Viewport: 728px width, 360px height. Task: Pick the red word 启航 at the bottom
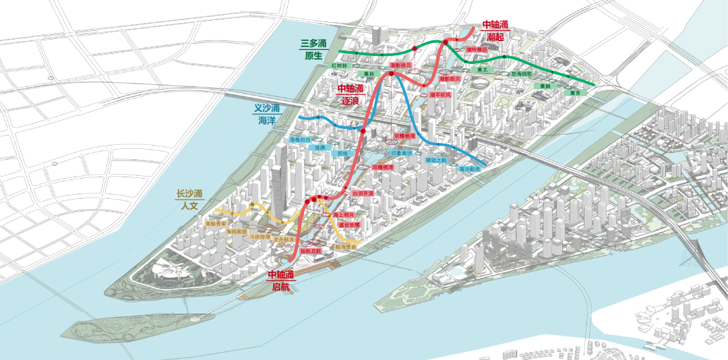click(280, 287)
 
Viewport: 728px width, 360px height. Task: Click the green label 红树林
click(339, 66)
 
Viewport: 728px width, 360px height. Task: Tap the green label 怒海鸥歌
click(521, 73)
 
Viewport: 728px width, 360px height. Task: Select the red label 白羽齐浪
click(363, 193)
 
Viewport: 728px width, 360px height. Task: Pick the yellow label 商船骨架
click(216, 222)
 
